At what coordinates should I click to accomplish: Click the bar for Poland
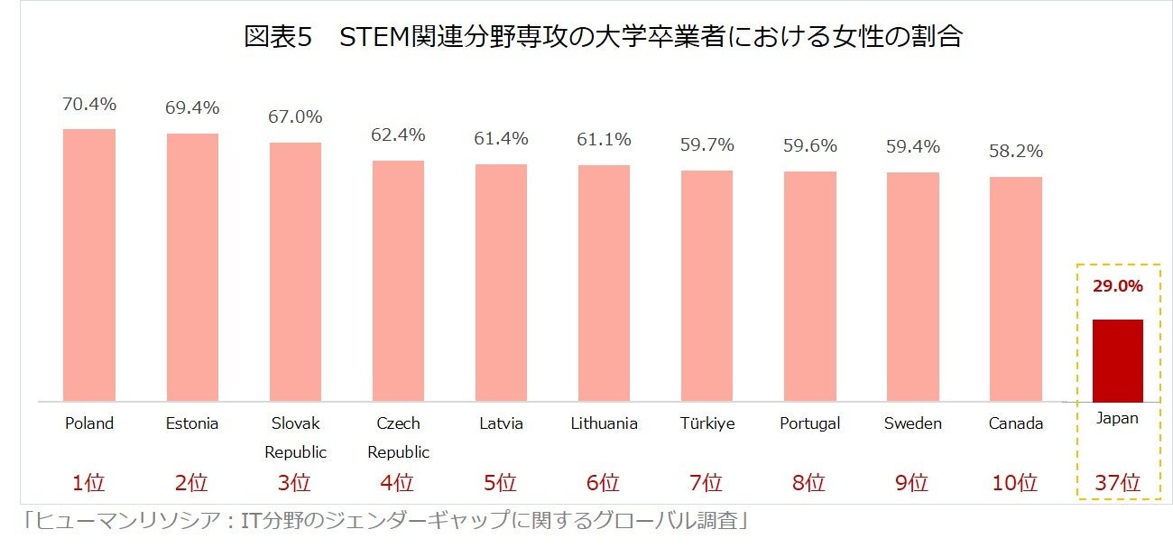[x=89, y=265]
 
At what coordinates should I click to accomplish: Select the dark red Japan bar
[x=1117, y=361]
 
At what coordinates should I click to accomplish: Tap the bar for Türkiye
[x=707, y=286]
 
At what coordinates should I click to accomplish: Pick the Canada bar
[x=1015, y=289]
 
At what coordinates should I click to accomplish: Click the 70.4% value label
[x=89, y=104]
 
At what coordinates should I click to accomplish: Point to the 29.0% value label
[x=1117, y=286]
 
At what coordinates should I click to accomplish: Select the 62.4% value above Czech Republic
[x=398, y=135]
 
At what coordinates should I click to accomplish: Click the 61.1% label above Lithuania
[x=604, y=140]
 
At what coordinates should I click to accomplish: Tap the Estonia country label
[x=192, y=423]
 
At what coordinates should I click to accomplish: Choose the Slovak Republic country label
[x=295, y=437]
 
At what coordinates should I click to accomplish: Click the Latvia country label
[x=501, y=423]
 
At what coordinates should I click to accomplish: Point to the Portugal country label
[x=809, y=423]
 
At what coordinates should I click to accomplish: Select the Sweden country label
[x=912, y=423]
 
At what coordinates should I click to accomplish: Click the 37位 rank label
[x=1117, y=483]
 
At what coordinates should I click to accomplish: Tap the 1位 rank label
[x=89, y=483]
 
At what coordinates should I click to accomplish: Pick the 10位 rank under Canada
[x=1015, y=483]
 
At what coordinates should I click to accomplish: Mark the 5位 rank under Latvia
[x=501, y=483]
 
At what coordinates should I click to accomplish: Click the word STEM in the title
[x=373, y=38]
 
